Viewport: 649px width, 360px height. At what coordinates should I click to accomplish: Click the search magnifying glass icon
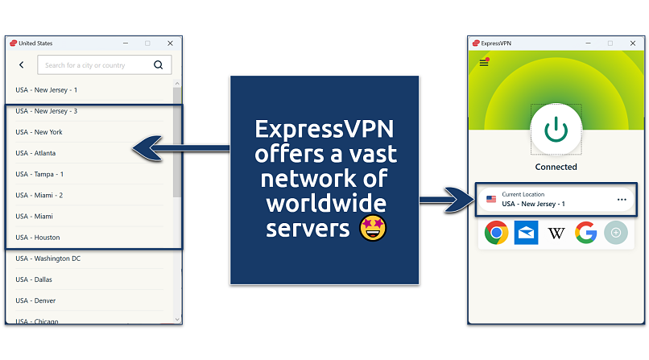click(x=159, y=65)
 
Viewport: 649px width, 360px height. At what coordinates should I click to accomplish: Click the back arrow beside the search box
click(x=22, y=65)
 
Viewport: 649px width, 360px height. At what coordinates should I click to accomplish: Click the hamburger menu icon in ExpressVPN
click(x=484, y=63)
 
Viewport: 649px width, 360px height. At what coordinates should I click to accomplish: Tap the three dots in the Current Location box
click(x=621, y=199)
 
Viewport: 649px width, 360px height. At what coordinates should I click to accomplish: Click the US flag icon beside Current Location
click(x=491, y=199)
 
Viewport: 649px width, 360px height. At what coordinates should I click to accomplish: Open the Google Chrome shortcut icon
click(x=496, y=234)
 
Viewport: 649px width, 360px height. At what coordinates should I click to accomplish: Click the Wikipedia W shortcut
click(x=556, y=234)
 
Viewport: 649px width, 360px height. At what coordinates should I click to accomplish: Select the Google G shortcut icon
click(x=585, y=234)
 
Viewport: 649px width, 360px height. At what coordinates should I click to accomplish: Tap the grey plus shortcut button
click(x=616, y=234)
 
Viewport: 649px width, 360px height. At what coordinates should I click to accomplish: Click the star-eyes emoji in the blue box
click(x=373, y=228)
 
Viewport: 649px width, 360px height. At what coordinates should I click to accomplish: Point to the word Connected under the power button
click(x=556, y=167)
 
